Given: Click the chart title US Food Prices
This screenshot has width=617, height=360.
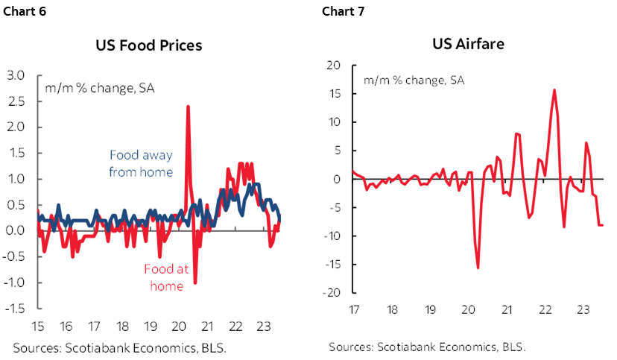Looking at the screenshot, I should point(148,45).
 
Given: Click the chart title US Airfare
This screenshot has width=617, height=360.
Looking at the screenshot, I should point(468,43).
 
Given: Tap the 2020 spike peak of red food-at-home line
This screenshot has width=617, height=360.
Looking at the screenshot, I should point(187,107).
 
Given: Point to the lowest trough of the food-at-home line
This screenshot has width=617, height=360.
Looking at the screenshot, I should point(195,282).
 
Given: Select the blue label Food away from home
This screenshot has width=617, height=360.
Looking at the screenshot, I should point(141,163).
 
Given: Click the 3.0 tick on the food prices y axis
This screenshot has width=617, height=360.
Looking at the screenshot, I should point(16,75).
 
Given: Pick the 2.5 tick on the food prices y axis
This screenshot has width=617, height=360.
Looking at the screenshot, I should point(16,101).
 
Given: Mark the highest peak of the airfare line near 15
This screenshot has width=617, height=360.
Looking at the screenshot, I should point(554,90).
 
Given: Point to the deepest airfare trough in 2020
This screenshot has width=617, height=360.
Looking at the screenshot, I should point(478,268).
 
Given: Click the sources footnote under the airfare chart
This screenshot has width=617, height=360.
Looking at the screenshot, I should point(426,347).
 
